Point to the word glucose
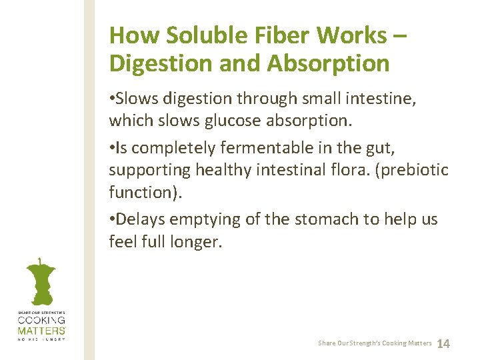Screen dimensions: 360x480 click(x=255, y=122)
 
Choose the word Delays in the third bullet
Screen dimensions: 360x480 click(x=142, y=219)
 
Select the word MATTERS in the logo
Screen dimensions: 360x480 click(x=41, y=331)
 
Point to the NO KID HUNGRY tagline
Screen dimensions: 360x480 click(x=41, y=339)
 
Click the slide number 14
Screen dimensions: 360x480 click(x=443, y=343)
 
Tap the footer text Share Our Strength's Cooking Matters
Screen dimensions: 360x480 click(x=375, y=343)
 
